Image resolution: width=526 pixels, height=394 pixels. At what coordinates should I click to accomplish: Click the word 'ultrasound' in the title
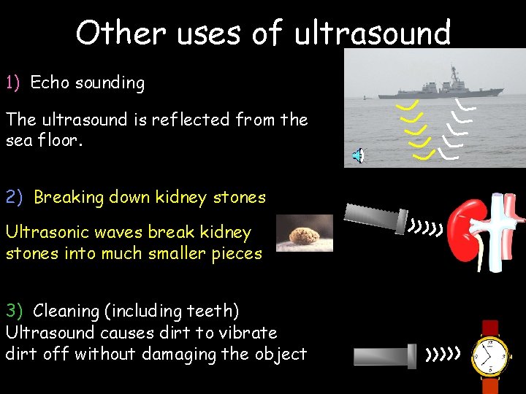point(372,33)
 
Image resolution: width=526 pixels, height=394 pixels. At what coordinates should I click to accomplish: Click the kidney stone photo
point(304,233)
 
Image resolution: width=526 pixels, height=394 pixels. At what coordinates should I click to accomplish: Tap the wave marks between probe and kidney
point(426,230)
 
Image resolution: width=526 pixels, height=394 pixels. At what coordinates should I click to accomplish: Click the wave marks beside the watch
point(443,355)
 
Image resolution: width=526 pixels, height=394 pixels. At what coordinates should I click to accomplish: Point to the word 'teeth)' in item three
point(212,311)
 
